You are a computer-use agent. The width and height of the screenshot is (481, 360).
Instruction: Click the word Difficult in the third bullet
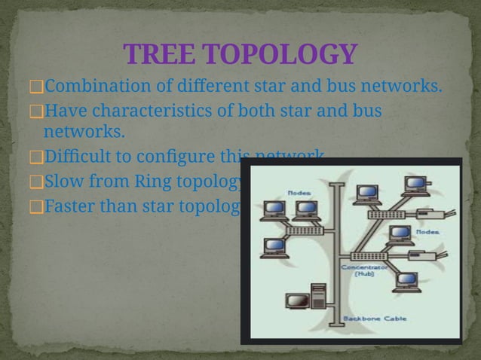tap(78, 157)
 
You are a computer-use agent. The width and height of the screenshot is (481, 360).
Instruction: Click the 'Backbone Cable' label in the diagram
tap(375, 319)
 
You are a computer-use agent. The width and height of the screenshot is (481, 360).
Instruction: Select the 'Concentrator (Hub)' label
tap(365, 270)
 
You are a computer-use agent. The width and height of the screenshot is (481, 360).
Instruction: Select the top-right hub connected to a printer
tap(384, 215)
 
